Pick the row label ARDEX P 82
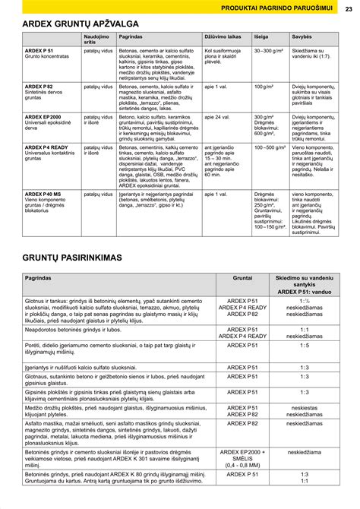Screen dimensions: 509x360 click(29, 87)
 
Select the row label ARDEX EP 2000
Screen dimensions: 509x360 click(33, 117)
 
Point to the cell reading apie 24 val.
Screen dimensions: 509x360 click(216, 117)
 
